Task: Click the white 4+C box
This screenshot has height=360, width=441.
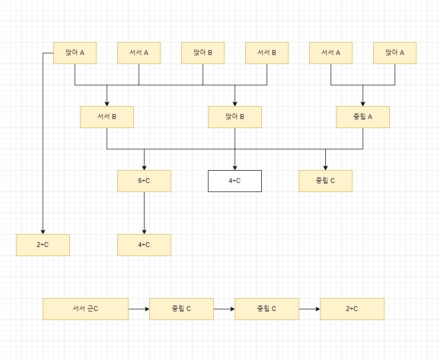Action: pyautogui.click(x=235, y=181)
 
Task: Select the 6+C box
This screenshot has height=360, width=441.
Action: pyautogui.click(x=144, y=181)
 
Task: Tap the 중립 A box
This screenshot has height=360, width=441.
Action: pyautogui.click(x=363, y=117)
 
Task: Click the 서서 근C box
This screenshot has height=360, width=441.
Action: pyautogui.click(x=85, y=309)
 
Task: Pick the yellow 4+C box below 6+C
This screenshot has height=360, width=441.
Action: pyautogui.click(x=144, y=245)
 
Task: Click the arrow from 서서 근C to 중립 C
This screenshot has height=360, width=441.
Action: pyautogui.click(x=139, y=309)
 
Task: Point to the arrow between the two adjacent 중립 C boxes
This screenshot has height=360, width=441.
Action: pyautogui.click(x=224, y=309)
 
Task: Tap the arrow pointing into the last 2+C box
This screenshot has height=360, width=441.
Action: pyautogui.click(x=309, y=309)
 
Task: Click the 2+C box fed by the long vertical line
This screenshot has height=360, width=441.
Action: pyautogui.click(x=43, y=245)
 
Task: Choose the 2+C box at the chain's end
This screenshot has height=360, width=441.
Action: pyautogui.click(x=352, y=309)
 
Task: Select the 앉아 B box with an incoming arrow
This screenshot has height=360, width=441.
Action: pyautogui.click(x=235, y=117)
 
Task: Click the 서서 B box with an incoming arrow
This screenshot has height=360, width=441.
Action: pyautogui.click(x=107, y=117)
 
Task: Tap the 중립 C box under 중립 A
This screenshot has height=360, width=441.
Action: pyautogui.click(x=325, y=181)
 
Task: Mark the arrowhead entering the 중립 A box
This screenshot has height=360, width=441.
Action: pyautogui.click(x=363, y=103)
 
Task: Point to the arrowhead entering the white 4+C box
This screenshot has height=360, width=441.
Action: pyautogui.click(x=235, y=167)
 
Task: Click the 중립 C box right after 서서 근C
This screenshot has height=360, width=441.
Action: pyautogui.click(x=181, y=309)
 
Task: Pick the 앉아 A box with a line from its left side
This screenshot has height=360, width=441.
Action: pyautogui.click(x=75, y=53)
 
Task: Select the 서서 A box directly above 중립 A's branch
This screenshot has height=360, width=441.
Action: pyautogui.click(x=331, y=53)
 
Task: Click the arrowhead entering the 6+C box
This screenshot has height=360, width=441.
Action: pyautogui.click(x=144, y=167)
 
